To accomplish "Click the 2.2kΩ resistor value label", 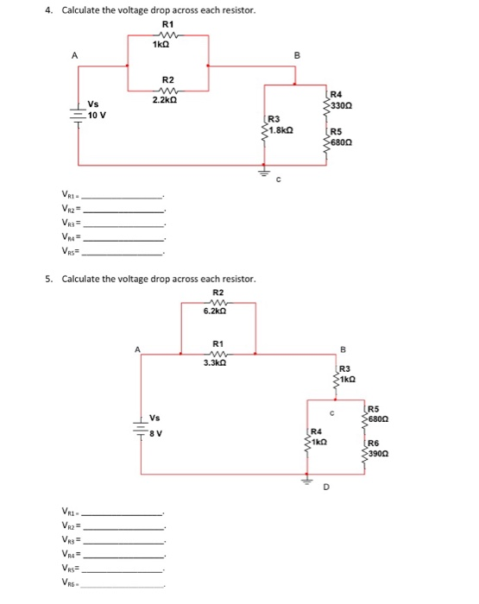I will point(167,100).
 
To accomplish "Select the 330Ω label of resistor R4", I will point(341,102).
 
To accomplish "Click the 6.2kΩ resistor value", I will point(218,311).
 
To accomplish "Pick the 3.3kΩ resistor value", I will point(215,363).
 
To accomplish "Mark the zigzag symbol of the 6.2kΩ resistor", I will point(217,302).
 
